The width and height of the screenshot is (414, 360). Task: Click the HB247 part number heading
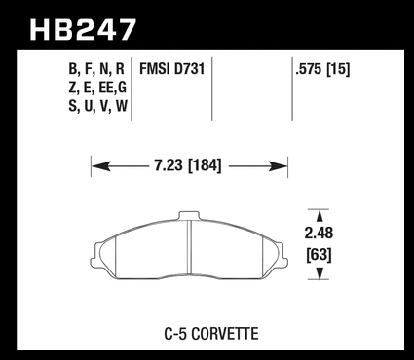(x=83, y=30)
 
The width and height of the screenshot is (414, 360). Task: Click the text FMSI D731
(x=172, y=69)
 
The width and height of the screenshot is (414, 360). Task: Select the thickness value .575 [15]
(x=322, y=69)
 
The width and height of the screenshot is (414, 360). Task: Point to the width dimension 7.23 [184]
(x=188, y=166)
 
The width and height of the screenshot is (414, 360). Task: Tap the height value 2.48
(x=319, y=234)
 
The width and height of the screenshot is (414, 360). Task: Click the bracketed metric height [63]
(x=320, y=255)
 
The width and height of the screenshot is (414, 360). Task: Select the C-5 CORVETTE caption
(x=211, y=334)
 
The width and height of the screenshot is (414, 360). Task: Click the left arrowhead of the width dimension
(x=100, y=166)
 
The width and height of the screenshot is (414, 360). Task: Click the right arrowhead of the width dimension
(x=279, y=166)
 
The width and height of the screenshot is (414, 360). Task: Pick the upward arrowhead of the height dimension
(x=320, y=216)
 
